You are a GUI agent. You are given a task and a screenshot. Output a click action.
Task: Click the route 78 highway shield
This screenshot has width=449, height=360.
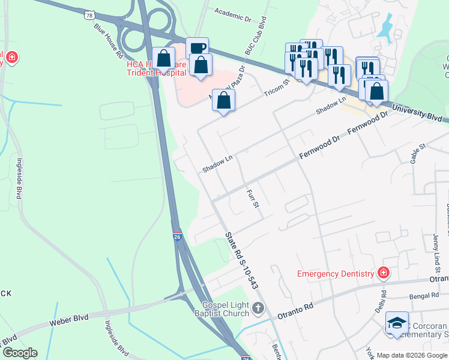point(89,13)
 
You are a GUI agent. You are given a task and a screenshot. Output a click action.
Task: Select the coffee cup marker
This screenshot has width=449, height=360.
point(196,48)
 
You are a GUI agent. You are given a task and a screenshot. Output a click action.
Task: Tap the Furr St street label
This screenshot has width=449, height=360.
point(252,199)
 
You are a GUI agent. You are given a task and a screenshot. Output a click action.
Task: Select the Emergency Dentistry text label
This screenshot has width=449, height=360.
point(336,274)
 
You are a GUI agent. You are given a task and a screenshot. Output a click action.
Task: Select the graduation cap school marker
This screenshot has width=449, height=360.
point(397,323)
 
